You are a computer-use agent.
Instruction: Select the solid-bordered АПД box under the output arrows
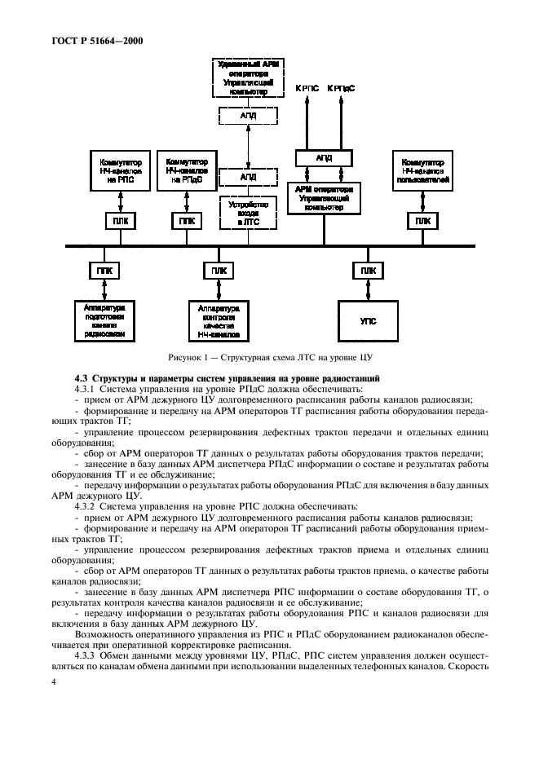tap(324, 157)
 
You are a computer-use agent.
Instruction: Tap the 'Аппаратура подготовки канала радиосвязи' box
tap(104, 320)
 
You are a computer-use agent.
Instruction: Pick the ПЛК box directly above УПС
tap(368, 270)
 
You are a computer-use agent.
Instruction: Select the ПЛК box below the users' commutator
tap(422, 220)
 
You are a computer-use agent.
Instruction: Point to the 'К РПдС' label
tap(340, 87)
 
